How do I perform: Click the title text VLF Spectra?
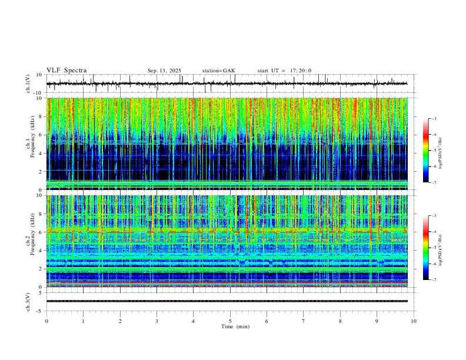(x=66, y=71)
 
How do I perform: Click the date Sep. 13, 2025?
(x=164, y=71)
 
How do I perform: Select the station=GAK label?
(x=218, y=71)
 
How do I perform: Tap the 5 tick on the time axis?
(x=231, y=321)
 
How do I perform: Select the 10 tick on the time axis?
(x=414, y=321)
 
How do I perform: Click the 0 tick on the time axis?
(x=46, y=321)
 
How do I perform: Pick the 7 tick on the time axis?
(x=304, y=321)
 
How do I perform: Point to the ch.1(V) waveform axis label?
(x=28, y=84)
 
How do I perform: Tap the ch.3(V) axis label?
(x=28, y=301)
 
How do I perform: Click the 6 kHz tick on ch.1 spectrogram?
(x=41, y=135)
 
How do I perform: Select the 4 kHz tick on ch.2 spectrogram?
(x=41, y=250)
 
